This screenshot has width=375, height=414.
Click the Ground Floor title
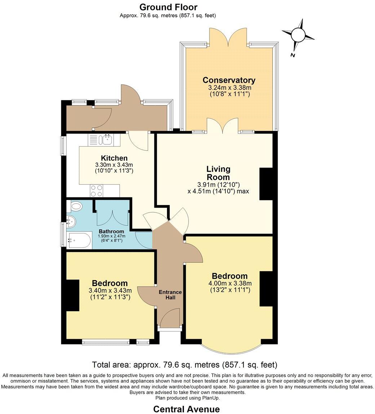[168, 7]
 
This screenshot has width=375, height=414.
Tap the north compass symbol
[298, 35]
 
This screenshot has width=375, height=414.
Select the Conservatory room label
[229, 80]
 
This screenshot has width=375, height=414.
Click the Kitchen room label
[114, 158]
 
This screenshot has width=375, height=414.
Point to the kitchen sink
[106, 139]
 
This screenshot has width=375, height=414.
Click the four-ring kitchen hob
[97, 190]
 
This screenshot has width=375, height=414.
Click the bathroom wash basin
[71, 221]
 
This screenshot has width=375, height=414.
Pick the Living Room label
[218, 173]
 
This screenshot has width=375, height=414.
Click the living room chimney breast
[266, 184]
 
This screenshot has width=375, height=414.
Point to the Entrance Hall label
[170, 295]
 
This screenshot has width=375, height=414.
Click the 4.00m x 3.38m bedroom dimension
[230, 283]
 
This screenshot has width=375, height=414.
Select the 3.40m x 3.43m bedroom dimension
[110, 291]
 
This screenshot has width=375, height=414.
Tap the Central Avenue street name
[186, 409]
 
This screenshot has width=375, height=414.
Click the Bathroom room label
[111, 231]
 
